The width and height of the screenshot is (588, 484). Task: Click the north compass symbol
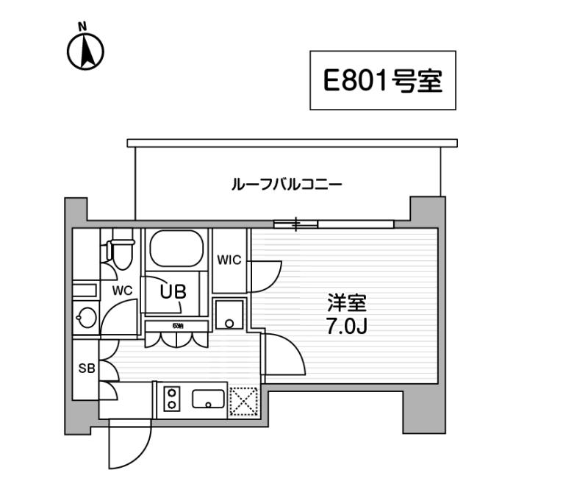85,49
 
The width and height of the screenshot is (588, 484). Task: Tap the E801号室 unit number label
382,80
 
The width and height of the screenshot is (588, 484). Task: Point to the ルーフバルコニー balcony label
287,185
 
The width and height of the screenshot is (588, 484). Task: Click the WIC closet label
229,260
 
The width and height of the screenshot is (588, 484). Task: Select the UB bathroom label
173,291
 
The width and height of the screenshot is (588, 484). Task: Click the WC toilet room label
122,291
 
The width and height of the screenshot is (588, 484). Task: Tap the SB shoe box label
87,369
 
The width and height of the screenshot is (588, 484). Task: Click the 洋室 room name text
346,303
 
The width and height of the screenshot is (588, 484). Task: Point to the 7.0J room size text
346,327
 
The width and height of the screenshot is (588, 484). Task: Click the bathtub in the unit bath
176,248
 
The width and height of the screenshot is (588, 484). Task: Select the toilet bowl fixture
121,249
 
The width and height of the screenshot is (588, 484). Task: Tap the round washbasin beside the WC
87,318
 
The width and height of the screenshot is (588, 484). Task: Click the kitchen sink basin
208,399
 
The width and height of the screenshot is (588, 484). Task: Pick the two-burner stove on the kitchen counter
172,399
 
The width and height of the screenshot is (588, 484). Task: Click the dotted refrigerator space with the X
244,401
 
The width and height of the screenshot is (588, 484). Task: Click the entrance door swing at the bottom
130,444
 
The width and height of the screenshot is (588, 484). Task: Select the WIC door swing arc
266,276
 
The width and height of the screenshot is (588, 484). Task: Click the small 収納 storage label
178,326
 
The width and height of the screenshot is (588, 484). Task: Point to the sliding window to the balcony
334,224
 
